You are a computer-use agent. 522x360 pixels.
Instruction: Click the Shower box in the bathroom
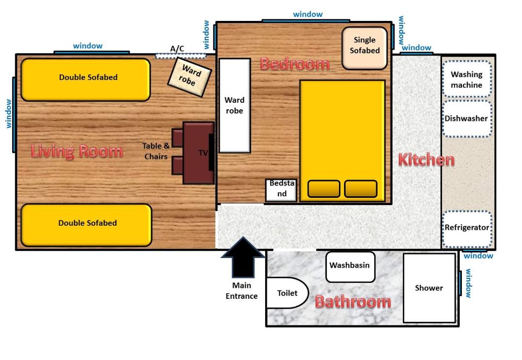coord(429,288)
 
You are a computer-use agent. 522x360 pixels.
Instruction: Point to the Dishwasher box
coord(466,118)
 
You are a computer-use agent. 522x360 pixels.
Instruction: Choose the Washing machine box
coord(466,80)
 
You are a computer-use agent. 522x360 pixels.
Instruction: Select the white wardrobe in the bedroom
coord(234,106)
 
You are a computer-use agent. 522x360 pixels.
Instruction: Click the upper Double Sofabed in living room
coord(86,80)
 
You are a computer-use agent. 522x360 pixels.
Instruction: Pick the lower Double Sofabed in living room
coord(86,225)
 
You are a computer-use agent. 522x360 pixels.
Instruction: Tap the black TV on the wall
coord(211,152)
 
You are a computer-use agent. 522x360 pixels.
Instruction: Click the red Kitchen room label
coord(426,160)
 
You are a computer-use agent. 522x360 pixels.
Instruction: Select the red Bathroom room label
coord(352,301)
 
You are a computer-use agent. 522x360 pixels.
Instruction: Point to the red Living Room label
coord(76,151)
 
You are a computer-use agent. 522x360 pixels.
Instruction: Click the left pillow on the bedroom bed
coord(324,189)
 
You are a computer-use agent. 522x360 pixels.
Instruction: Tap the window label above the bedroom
coord(308,14)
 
